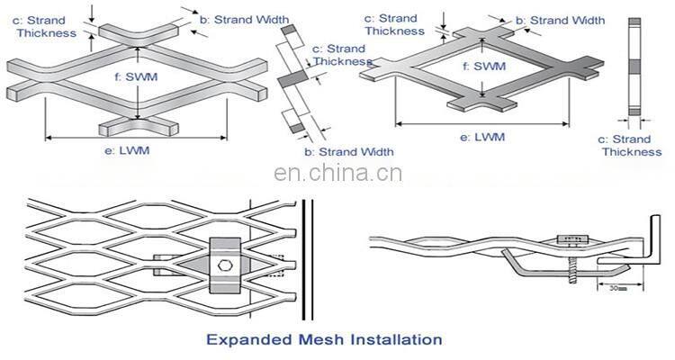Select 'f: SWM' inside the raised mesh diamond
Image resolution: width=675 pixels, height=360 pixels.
(x=134, y=77)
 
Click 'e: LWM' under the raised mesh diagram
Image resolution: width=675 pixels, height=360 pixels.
(x=127, y=150)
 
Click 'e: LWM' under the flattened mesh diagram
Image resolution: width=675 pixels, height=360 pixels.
(x=483, y=137)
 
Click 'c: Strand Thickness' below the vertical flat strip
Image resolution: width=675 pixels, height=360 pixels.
(x=631, y=145)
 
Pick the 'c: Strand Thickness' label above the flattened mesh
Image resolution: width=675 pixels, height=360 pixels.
(x=394, y=24)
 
